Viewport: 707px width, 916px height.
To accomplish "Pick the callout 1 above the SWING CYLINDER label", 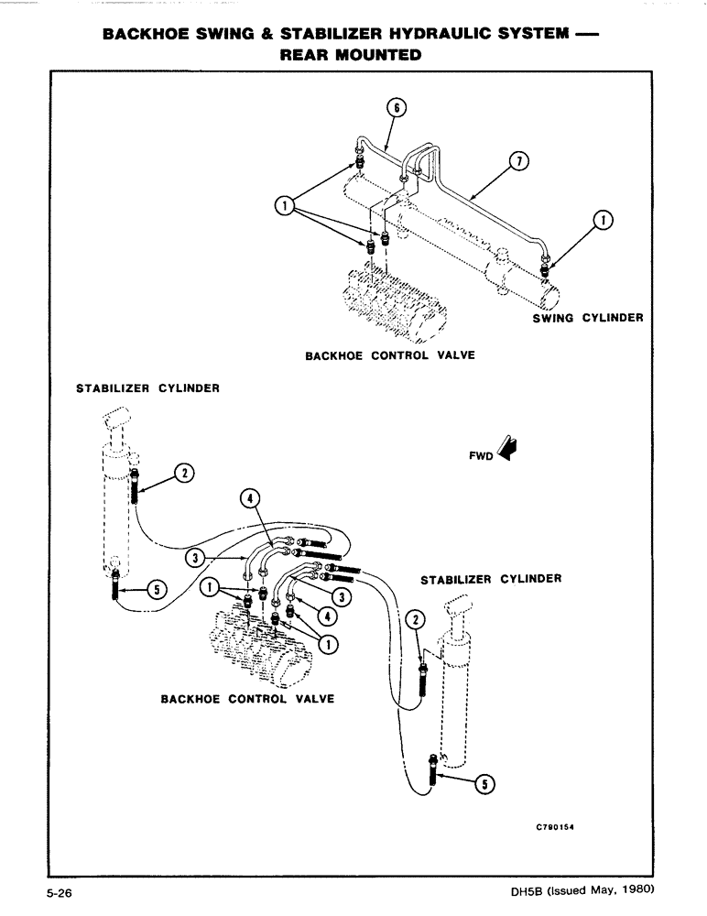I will [605, 219].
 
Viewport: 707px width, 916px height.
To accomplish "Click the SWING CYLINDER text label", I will [587, 318].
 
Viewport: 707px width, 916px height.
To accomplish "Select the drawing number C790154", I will [560, 823].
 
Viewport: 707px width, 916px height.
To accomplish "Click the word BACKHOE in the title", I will [145, 35].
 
